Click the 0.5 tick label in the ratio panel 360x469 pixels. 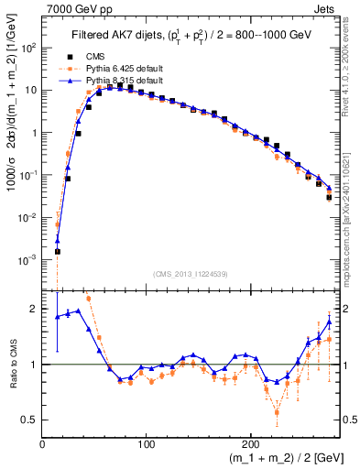pyautogui.click(x=29, y=420)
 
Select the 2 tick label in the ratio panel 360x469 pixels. pyautogui.click(x=34, y=310)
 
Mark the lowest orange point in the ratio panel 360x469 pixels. pyautogui.click(x=276, y=412)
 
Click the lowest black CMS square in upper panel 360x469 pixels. pyautogui.click(x=57, y=251)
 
